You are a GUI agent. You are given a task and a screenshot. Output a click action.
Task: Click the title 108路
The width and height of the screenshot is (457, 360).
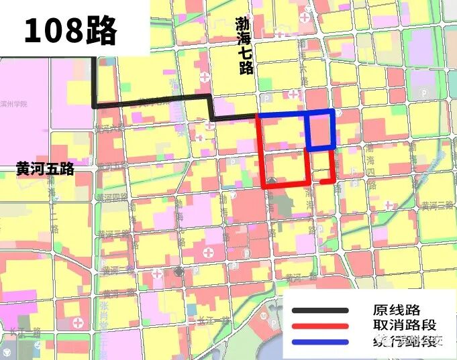click(x=70, y=30)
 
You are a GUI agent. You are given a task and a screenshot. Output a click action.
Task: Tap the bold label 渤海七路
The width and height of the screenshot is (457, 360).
click(x=244, y=46)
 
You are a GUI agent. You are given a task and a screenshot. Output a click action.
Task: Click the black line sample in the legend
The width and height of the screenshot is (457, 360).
click(x=320, y=310)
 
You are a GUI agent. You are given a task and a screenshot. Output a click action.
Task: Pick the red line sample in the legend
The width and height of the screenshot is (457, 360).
click(x=320, y=326)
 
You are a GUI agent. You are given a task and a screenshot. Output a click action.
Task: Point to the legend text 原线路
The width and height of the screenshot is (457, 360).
click(x=396, y=310)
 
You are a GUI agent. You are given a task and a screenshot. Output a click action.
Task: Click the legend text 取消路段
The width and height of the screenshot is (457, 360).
click(x=403, y=326)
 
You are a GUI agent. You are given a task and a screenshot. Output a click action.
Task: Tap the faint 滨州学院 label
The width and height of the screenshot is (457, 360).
click(x=14, y=105)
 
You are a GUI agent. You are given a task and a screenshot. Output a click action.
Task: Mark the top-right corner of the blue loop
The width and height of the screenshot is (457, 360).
click(x=334, y=111)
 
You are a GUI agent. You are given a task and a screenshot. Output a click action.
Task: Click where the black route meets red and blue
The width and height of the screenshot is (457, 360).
click(x=258, y=116)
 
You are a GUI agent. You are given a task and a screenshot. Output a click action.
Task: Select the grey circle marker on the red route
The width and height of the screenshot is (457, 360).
click(x=271, y=182)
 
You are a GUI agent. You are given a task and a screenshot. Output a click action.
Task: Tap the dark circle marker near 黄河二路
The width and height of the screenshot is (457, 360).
click(x=179, y=271)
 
